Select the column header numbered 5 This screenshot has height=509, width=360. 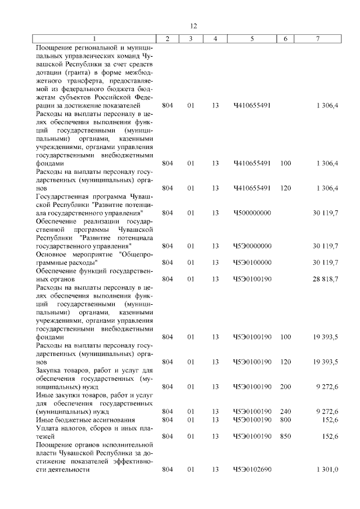tap(252, 38)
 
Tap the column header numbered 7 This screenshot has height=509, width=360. tap(318, 38)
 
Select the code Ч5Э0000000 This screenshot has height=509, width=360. tap(252, 246)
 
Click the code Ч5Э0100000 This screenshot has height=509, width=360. tap(252, 262)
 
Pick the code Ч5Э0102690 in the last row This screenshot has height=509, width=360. tap(252, 469)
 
